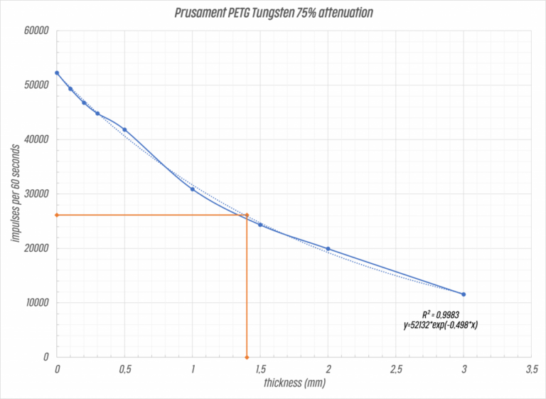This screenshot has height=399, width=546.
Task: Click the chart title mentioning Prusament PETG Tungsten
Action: click(273, 13)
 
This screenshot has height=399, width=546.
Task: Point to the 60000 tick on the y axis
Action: click(35, 31)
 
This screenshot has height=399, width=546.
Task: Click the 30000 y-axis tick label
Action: click(35, 194)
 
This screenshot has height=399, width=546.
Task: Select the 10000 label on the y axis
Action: click(35, 303)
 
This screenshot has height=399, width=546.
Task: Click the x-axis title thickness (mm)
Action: click(294, 383)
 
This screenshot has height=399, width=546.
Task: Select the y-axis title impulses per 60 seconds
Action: click(14, 192)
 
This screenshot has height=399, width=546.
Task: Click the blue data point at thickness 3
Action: click(464, 294)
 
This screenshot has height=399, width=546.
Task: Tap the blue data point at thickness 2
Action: click(328, 249)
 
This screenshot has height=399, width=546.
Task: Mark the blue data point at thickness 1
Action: click(193, 189)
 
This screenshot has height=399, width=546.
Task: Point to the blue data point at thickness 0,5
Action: click(124, 129)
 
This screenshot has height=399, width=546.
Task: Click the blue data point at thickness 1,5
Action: click(260, 225)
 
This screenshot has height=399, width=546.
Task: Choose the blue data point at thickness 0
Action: click(57, 73)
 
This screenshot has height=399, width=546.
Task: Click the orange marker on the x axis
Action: click(247, 357)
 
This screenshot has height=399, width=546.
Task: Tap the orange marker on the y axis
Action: click(57, 215)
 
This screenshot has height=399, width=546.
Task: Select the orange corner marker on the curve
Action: click(247, 215)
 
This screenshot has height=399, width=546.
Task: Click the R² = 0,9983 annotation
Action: click(441, 314)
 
